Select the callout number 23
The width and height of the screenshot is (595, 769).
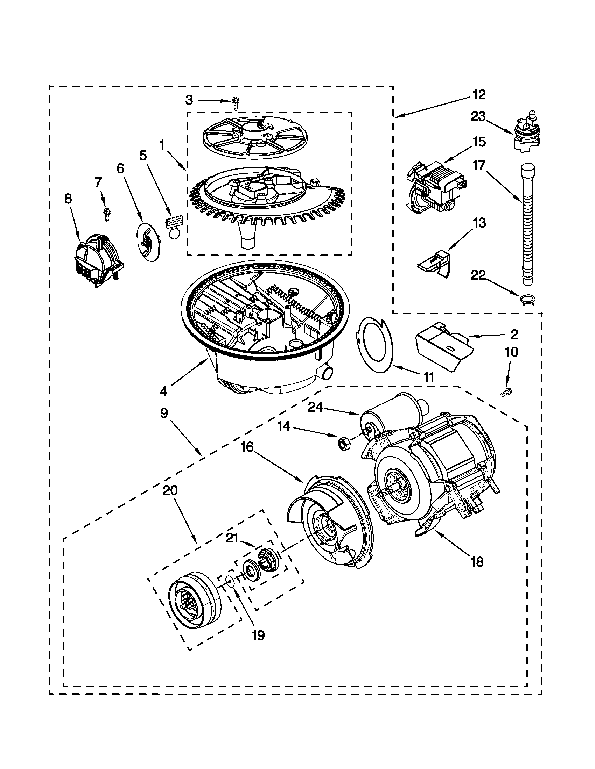click(x=478, y=116)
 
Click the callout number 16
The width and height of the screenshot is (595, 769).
click(x=247, y=447)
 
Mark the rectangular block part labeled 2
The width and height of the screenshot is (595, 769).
click(x=443, y=347)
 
